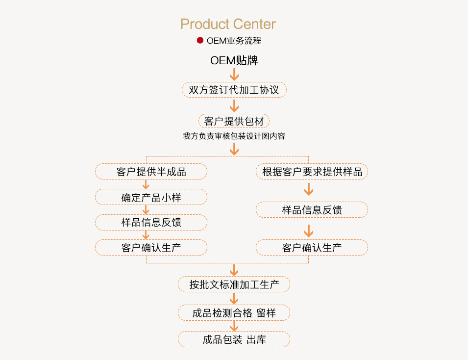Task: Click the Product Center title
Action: tap(228, 24)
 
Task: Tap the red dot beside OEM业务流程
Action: tap(200, 41)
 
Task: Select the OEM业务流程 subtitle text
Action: tap(234, 41)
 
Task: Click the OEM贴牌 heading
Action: tap(234, 61)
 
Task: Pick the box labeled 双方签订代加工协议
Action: tap(234, 90)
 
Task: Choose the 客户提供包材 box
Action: tap(234, 121)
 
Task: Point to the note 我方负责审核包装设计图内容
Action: tap(234, 136)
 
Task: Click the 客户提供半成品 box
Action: tap(151, 172)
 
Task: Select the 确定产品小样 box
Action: tap(151, 197)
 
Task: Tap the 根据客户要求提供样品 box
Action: tap(312, 172)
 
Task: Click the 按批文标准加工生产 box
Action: tap(234, 284)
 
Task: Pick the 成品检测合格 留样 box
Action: tap(234, 312)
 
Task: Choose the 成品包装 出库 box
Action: tap(234, 339)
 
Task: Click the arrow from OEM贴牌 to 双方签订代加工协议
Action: tap(234, 75)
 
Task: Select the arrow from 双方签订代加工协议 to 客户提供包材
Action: tap(234, 105)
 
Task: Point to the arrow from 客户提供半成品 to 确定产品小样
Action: tap(146, 184)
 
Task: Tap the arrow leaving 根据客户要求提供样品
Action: tap(308, 189)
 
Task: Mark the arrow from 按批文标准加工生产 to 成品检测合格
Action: tap(234, 298)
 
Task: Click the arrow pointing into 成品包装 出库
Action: tap(234, 326)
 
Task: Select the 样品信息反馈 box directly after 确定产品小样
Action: tap(151, 222)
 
